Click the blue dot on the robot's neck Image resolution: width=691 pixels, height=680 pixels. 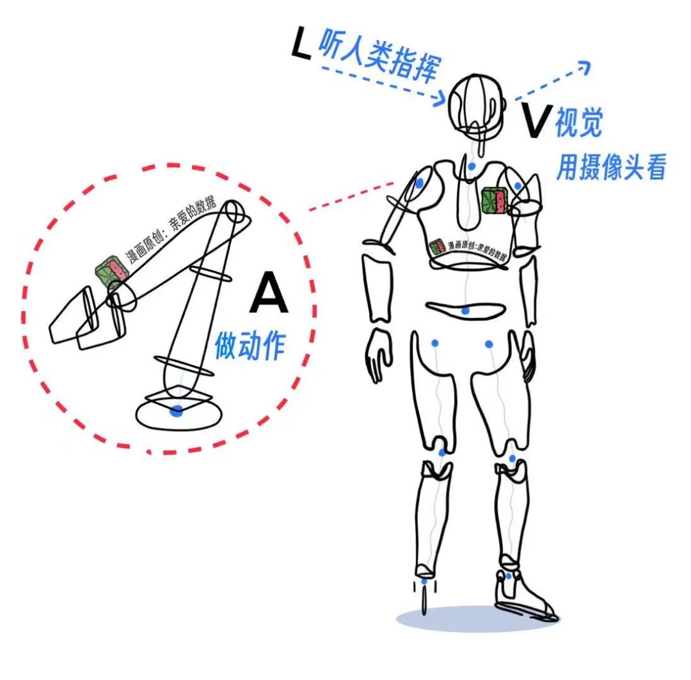472,167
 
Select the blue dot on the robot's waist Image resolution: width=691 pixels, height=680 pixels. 466,311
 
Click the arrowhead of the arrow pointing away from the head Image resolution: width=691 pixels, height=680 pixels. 584,65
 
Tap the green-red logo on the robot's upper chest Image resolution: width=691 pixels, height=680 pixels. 494,200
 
